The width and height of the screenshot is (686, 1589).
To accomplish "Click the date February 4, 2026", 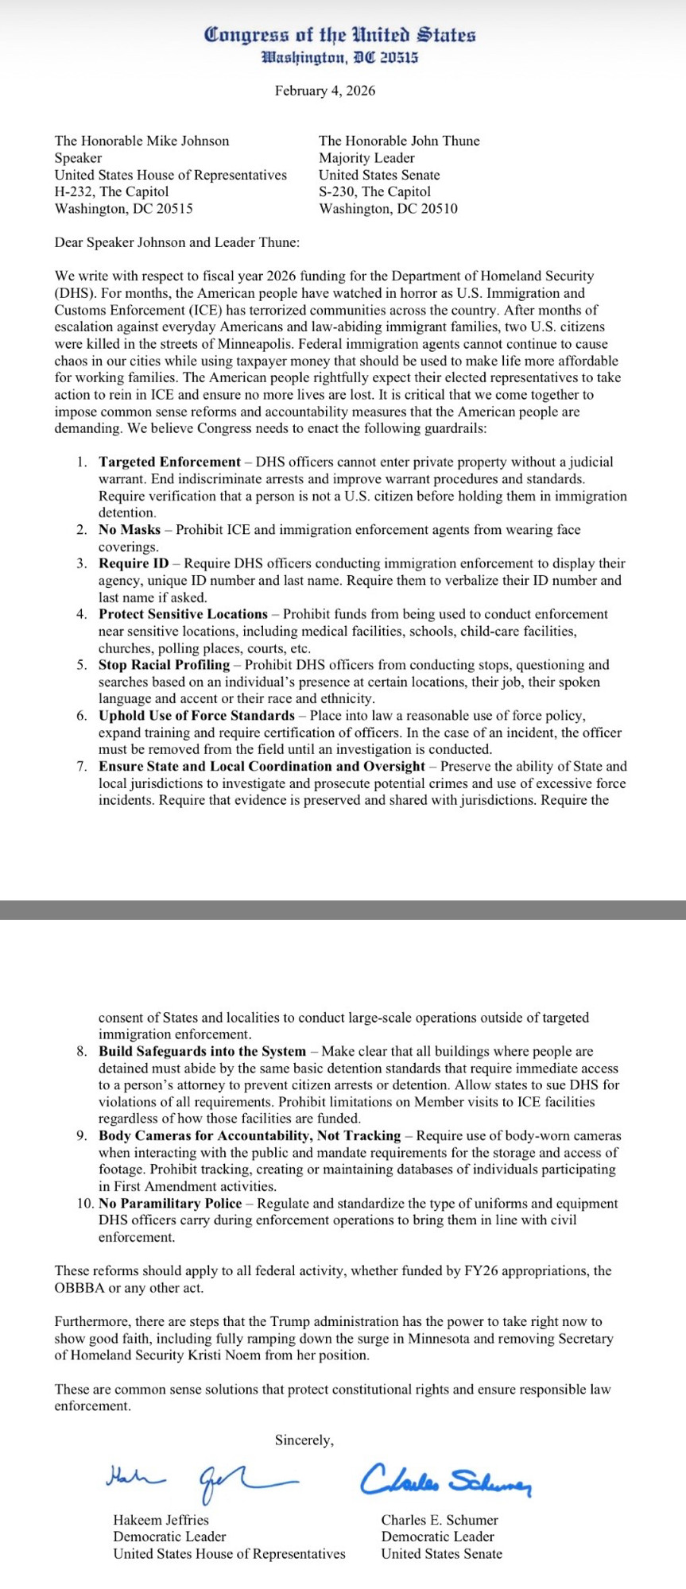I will tap(325, 91).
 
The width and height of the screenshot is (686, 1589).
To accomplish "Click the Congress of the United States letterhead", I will tap(339, 36).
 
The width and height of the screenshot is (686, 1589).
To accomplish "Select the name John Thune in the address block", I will tap(446, 141).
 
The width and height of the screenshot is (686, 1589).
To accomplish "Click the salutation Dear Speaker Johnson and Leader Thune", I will tap(177, 242).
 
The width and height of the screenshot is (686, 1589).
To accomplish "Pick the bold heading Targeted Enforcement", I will tap(169, 462).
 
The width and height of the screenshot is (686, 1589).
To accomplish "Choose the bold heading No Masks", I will tap(130, 529).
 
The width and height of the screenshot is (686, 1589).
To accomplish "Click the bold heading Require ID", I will tap(134, 563).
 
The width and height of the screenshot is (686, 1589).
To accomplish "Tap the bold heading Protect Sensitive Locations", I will tap(183, 614).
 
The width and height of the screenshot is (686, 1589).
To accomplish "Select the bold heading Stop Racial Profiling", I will tap(164, 664).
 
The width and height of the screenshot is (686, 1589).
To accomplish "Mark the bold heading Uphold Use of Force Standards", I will tap(196, 715).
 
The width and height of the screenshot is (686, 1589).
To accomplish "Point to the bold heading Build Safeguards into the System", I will tap(202, 1051).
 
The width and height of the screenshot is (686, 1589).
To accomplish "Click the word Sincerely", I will tap(304, 1440).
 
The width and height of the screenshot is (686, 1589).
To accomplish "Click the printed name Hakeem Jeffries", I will tap(161, 1520).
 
